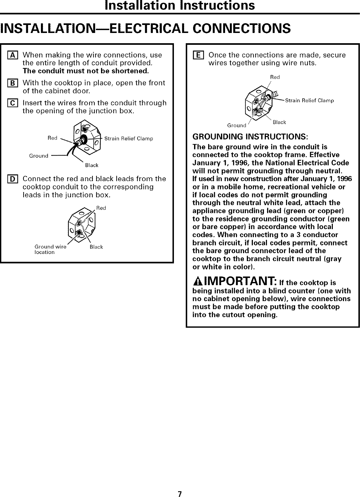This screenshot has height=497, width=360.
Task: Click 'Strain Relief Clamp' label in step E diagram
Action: tap(309, 101)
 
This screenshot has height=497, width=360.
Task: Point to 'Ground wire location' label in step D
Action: tap(50, 250)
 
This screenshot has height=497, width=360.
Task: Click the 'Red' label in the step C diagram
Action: tap(52, 138)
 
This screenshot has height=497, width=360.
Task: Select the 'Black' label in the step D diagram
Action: tap(96, 247)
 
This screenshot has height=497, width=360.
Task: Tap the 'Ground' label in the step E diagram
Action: tap(236, 125)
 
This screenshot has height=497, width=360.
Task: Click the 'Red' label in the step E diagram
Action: tap(275, 77)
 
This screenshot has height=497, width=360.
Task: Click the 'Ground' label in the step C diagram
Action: tap(39, 156)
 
